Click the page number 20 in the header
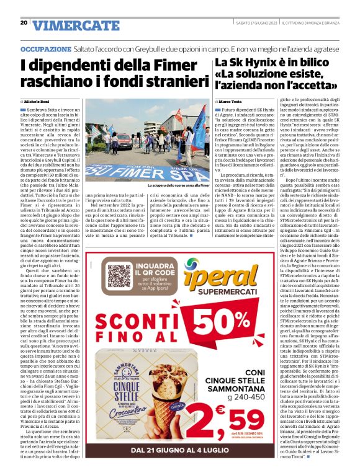pyautogui.click(x=24, y=22)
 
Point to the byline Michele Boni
pyautogui.click(x=39, y=100)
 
